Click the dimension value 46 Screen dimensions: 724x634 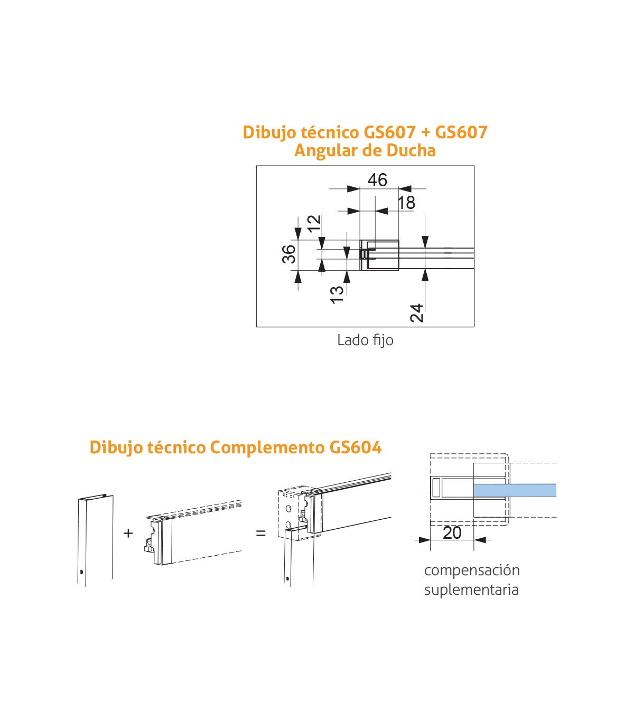(377, 180)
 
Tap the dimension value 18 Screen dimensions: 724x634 (406, 203)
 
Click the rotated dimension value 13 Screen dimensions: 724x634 (337, 293)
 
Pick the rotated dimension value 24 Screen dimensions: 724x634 (416, 312)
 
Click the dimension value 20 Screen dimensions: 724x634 (452, 533)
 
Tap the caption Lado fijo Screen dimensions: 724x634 (365, 340)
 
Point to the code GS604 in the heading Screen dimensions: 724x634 (355, 447)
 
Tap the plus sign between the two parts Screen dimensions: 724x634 (128, 533)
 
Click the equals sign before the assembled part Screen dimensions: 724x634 (260, 533)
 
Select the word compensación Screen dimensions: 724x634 (472, 570)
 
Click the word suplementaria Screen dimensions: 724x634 (471, 589)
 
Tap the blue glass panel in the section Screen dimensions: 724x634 (515, 490)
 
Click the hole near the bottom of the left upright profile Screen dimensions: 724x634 (81, 572)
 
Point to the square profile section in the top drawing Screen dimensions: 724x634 (379, 255)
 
